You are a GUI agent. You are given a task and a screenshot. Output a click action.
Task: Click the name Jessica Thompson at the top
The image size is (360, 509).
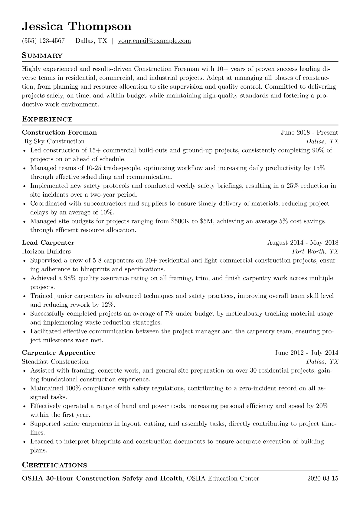click(77, 27)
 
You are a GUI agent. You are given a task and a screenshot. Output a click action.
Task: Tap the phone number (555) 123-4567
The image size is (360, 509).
click(43, 41)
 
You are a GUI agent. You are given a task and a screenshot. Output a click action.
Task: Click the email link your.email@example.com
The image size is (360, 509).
click(154, 41)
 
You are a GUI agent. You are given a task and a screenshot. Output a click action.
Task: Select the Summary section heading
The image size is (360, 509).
click(42, 56)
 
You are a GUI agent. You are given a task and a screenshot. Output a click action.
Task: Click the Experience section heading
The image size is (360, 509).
click(47, 119)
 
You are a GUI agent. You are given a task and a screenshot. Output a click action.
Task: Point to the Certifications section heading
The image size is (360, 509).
click(54, 465)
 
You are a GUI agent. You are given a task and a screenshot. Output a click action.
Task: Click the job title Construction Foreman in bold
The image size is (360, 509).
click(59, 132)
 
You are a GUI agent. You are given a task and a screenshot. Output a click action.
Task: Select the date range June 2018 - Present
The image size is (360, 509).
click(309, 132)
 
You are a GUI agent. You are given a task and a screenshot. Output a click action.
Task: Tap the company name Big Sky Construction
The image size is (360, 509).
click(53, 142)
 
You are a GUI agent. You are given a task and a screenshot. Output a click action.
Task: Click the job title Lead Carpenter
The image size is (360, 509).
click(48, 243)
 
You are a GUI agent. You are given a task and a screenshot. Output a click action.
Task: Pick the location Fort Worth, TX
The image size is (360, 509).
click(315, 252)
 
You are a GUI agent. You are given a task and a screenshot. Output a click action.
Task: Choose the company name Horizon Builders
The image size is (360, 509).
click(46, 252)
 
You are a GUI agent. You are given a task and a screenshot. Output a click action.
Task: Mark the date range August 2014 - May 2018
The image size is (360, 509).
click(303, 243)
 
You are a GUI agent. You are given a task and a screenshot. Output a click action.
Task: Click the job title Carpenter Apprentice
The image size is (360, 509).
click(59, 353)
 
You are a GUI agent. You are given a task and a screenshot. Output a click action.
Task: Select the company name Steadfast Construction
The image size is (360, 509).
click(55, 362)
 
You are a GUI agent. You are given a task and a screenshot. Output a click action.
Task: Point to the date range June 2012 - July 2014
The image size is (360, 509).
click(306, 353)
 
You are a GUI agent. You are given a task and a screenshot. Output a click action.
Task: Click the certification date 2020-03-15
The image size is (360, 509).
click(322, 478)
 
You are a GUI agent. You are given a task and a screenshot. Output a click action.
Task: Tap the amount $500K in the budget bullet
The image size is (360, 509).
click(181, 221)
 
